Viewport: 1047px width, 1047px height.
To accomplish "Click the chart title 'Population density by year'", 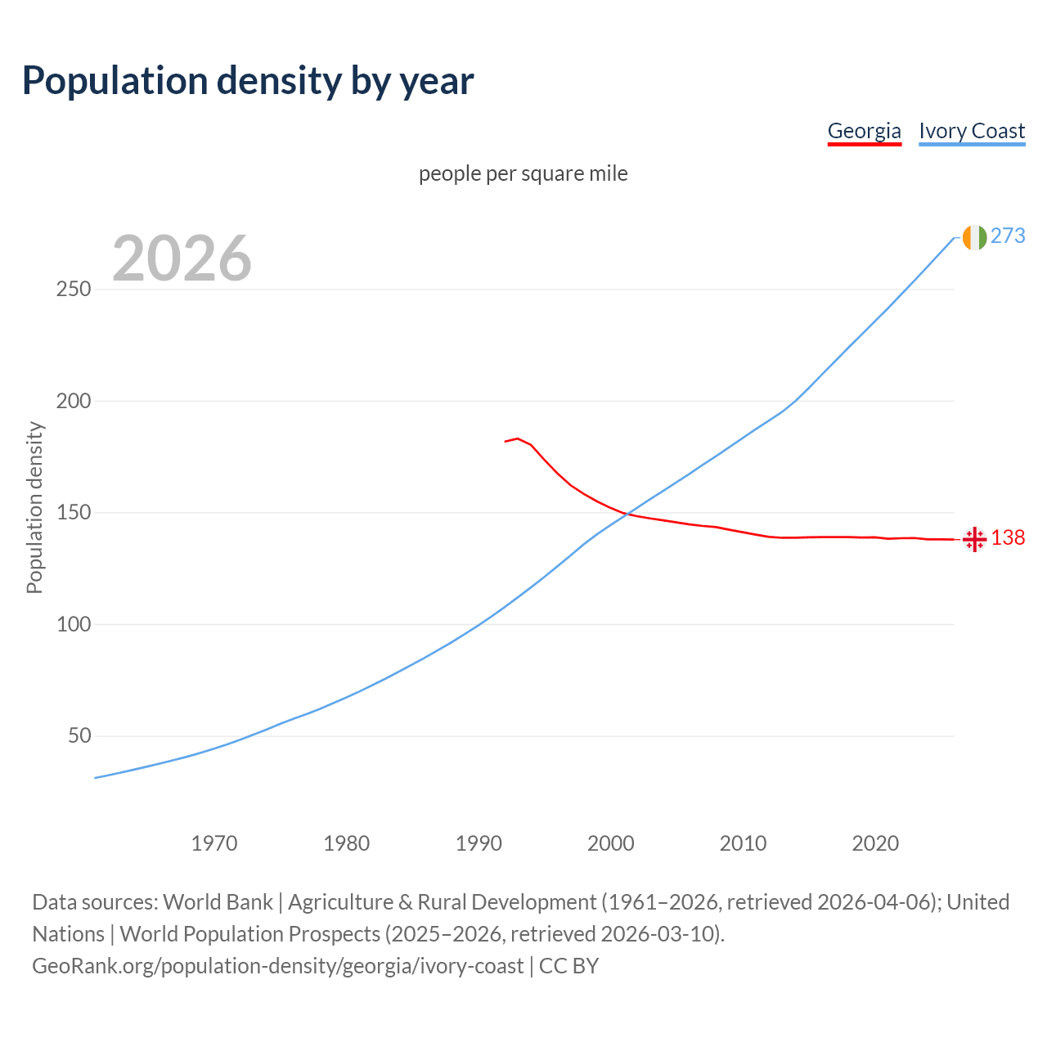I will tap(248, 81).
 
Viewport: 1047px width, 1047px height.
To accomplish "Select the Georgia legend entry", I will tap(864, 131).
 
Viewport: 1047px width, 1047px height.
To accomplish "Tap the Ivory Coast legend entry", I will tap(972, 131).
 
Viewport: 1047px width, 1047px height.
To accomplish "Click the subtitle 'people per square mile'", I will tap(523, 173).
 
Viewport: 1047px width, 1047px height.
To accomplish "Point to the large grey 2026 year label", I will tap(182, 258).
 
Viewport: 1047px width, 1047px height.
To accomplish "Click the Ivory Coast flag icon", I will tap(974, 237).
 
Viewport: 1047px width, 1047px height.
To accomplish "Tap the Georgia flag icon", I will tap(974, 539).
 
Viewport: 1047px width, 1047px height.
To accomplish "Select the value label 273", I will tap(1008, 236).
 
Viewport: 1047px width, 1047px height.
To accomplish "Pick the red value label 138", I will tap(1008, 537).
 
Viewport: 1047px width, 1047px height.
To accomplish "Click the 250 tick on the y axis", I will tap(74, 290).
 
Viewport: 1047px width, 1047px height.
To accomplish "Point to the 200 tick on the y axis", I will tap(74, 401).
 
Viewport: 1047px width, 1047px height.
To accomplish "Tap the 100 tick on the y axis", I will tap(74, 624).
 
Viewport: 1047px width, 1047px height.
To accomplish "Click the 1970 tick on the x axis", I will tap(214, 843).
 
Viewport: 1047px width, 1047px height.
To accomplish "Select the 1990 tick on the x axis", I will tap(479, 843).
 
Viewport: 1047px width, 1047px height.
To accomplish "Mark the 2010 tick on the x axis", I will tap(743, 843).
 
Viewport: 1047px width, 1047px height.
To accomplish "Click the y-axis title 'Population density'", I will tap(34, 507).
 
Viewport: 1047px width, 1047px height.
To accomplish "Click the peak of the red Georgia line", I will tap(518, 438).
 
